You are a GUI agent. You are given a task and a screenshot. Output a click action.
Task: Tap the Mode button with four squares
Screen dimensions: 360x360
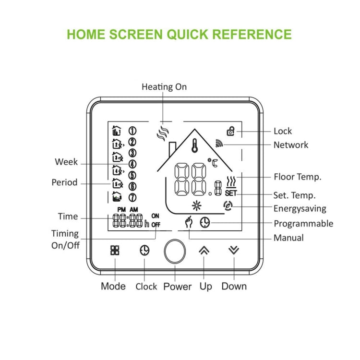pos(115,250)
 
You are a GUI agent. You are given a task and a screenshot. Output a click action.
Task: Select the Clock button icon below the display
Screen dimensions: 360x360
pos(144,250)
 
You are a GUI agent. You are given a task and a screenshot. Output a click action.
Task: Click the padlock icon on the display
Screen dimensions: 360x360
pos(231,131)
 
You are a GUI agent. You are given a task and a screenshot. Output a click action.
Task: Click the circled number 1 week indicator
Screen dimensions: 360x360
pos(132,131)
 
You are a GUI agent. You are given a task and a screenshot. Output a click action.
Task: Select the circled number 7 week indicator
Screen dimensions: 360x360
pos(132,197)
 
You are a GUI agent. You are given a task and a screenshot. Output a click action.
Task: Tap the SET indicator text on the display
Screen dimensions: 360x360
pos(231,193)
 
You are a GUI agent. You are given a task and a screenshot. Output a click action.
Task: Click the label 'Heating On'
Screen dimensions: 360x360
pos(164,87)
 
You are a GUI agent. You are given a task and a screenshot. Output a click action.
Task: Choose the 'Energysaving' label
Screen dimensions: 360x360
pos(300,208)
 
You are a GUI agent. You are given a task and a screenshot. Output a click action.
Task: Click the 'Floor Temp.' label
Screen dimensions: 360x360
pos(297,177)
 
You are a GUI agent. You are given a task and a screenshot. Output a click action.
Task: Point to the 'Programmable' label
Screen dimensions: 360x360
pos(303,223)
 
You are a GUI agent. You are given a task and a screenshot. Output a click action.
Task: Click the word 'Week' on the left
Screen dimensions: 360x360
pos(66,162)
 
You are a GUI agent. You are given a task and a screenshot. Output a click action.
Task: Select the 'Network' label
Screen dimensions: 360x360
pos(290,145)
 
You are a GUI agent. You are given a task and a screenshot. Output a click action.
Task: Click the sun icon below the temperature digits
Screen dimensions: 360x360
pos(195,206)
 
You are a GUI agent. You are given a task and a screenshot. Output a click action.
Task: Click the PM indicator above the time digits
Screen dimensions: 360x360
pos(121,210)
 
